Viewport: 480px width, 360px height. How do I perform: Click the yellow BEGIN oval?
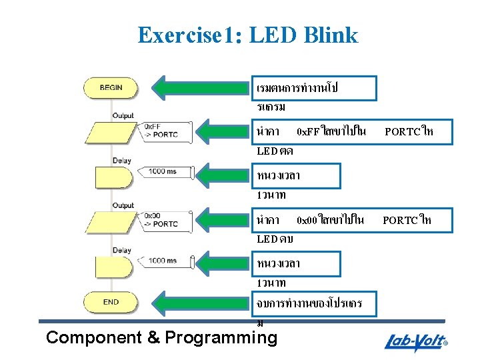[111, 87]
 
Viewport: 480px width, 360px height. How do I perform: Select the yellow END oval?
[111, 301]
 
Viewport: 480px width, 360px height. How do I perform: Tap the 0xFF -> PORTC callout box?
[160, 131]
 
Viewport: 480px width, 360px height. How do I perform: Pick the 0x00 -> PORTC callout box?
[161, 219]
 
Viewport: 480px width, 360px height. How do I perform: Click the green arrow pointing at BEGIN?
[201, 87]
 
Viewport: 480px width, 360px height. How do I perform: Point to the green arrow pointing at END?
[201, 301]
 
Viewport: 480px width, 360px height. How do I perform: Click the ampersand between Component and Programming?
[153, 337]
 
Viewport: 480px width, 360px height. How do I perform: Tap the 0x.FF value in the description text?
[307, 131]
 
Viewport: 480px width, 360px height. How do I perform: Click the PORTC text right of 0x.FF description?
[403, 131]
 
